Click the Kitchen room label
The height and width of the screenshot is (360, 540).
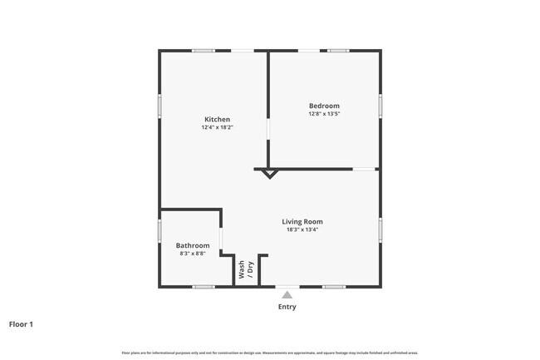(x=216, y=120)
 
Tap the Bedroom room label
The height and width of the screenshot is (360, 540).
(x=324, y=106)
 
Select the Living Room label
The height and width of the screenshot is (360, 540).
(x=302, y=221)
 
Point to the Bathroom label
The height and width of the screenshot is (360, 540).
(x=193, y=245)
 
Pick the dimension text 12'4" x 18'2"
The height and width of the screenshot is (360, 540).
(x=216, y=128)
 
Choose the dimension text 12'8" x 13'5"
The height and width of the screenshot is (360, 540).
(x=324, y=114)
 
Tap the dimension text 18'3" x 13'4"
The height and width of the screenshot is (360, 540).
(x=302, y=229)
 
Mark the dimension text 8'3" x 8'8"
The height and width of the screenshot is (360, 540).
(x=193, y=254)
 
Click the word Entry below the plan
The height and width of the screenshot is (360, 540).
(x=287, y=307)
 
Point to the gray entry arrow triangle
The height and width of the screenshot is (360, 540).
(x=287, y=294)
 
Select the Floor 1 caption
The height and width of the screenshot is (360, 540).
(x=22, y=324)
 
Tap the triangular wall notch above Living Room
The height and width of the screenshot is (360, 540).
(x=268, y=173)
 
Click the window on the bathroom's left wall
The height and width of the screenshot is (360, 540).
(x=160, y=230)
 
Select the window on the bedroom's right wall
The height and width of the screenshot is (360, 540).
(x=380, y=105)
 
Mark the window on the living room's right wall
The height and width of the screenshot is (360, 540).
(x=380, y=229)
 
